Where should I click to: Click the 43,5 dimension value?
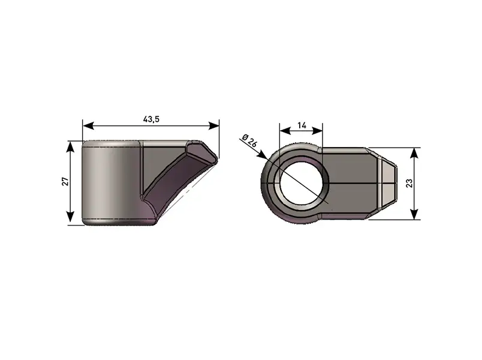coord(151,119)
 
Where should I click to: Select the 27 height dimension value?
coord(65,182)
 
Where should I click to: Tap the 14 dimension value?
coord(302,125)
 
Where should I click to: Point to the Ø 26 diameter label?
coord(249,142)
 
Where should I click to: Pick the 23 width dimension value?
coord(409,184)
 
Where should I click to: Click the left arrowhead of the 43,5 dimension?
coord(88,125)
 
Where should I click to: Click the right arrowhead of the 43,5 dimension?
coord(214,125)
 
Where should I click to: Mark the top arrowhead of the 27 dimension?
coord(71,147)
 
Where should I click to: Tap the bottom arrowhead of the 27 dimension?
coord(71,217)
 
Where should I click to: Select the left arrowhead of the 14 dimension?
coord(285,131)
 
